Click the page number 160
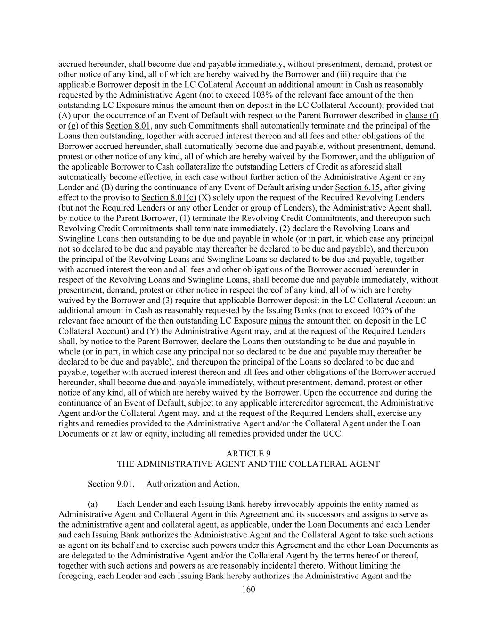point(248,589)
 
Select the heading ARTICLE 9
point(248,454)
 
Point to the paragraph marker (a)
point(93,505)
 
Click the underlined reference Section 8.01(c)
point(169,197)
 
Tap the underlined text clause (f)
point(421,115)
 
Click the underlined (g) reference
point(73,126)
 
